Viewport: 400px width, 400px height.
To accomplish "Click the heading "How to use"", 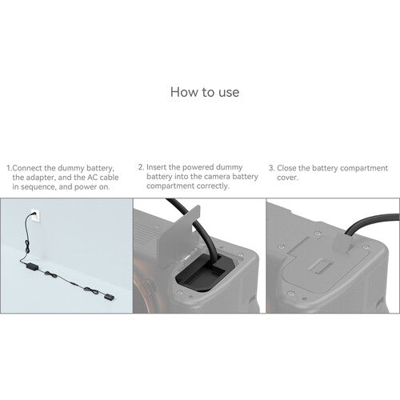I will [x=205, y=92].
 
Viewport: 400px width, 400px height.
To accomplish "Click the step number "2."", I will [x=141, y=168].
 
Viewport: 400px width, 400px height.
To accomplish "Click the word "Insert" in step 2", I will [x=158, y=168].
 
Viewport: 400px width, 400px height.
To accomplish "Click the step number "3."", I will [x=271, y=169].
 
